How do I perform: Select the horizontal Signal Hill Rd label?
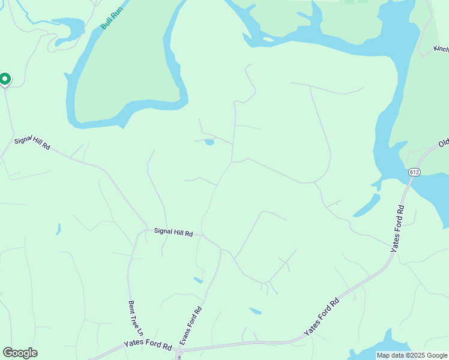pyautogui.click(x=173, y=231)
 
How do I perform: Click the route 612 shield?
pyautogui.click(x=415, y=172)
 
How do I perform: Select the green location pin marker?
pyautogui.click(x=5, y=79)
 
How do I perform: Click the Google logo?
pyautogui.click(x=20, y=353)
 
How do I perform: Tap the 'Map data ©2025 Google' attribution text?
pyautogui.click(x=412, y=355)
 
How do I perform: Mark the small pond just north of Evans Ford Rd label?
pyautogui.click(x=197, y=280)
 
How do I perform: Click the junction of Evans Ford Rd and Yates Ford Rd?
pyautogui.click(x=179, y=352)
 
